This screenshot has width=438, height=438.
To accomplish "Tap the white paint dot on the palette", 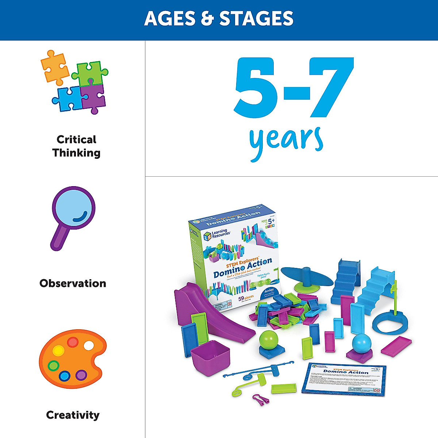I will (x=89, y=345).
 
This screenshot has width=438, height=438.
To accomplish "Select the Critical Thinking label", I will (x=76, y=146).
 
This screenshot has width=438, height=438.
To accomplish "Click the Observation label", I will (x=73, y=283).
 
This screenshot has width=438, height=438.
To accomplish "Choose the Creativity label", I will (x=73, y=415).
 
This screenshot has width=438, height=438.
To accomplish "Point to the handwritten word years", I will (x=286, y=141).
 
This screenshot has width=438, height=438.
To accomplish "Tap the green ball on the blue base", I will (x=269, y=339).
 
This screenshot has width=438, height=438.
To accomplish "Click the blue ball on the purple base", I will (x=361, y=342).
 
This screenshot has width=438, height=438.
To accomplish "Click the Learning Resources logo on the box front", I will (x=217, y=234).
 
